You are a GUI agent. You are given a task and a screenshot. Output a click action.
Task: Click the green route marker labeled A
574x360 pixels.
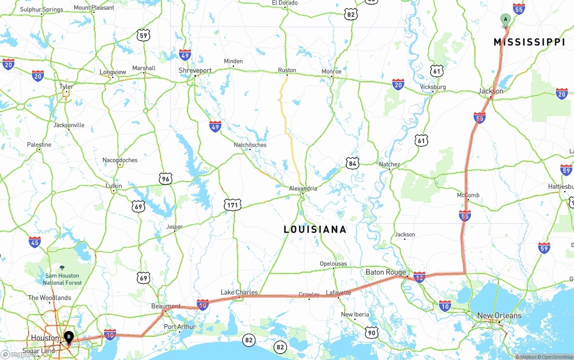coord(505,20)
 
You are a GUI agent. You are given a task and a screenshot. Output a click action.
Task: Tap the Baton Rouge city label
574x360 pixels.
coord(385,272)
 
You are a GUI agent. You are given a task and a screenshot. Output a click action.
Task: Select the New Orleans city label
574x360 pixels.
coord(499,316)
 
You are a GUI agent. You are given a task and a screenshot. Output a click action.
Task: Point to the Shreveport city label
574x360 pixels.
coord(195,70)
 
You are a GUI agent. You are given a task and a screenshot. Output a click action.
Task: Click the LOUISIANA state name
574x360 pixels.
coord(315,230)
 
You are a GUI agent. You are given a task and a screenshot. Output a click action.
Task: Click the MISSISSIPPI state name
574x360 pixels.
coord(529,42)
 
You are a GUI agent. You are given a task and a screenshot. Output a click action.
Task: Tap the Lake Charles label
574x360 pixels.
coord(239,292)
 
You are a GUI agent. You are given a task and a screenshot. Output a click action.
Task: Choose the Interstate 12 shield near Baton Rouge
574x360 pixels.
coord(419,278)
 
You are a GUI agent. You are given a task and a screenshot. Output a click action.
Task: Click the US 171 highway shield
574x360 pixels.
coord(232,205)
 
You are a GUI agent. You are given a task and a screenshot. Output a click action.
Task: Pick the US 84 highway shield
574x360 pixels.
coord(352,164)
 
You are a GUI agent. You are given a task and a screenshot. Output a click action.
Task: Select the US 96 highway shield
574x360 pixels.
coord(165,179)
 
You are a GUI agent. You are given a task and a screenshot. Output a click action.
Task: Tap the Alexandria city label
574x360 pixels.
coord(303,188)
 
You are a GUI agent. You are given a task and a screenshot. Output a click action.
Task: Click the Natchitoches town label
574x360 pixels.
coord(250,145)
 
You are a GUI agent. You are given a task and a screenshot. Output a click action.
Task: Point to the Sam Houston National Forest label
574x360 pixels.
coord(62,279)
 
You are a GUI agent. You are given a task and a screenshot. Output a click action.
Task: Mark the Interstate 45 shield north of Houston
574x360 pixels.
coord(35,243)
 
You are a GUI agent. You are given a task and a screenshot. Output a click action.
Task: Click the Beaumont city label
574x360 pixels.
coord(165,306)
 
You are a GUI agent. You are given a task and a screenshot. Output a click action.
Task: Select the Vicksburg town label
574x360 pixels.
coord(433,87)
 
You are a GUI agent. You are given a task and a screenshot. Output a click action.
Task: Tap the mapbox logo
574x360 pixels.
coord(19,354)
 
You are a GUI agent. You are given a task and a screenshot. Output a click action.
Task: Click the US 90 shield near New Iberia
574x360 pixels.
coord(371,332)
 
